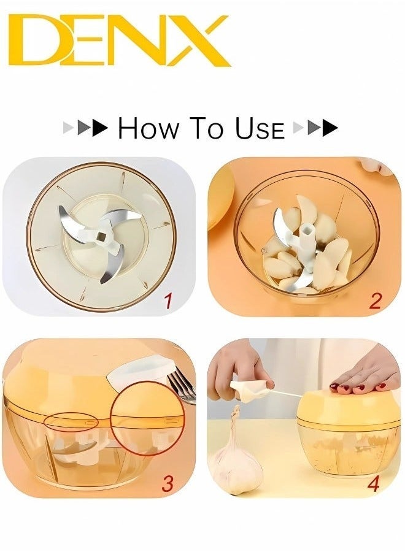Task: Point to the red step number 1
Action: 168,301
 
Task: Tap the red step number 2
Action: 375,301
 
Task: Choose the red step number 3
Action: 167,482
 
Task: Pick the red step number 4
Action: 373,482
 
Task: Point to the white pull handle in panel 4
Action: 250,390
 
